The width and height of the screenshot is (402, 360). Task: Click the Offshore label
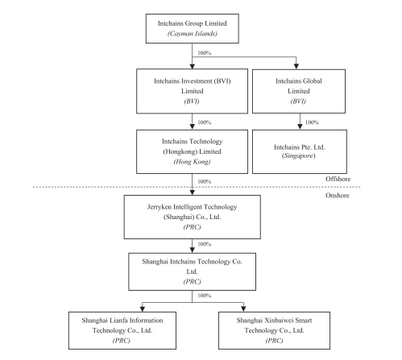coord(338,179)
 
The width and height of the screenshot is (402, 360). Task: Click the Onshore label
coord(338,196)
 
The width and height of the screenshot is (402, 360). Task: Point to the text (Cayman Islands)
coord(193,34)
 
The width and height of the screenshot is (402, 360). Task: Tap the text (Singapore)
coord(298,155)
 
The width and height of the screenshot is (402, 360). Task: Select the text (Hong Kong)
coord(192,162)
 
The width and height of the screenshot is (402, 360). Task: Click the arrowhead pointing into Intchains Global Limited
coord(296,66)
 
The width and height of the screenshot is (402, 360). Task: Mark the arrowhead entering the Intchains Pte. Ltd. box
coord(300,126)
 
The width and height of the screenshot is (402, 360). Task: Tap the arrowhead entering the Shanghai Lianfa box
coord(143,308)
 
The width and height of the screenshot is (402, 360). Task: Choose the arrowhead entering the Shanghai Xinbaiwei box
coord(243,308)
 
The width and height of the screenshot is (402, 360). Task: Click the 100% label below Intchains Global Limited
coord(312,122)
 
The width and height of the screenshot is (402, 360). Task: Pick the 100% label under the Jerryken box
coord(205,244)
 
